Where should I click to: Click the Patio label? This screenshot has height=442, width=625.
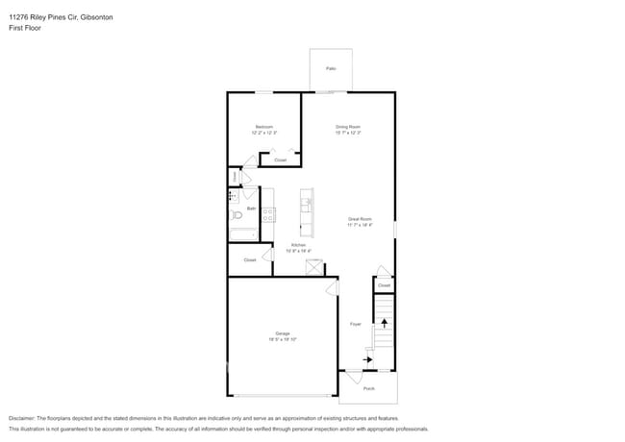coord(331,68)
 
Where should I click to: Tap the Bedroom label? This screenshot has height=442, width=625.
coord(264,127)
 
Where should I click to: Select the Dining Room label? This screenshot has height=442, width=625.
coord(348,127)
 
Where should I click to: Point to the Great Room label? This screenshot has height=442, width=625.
coord(360,219)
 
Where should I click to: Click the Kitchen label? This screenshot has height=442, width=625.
coord(299,246)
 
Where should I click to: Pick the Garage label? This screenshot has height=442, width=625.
coord(283,333)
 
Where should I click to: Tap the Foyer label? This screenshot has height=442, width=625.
coord(355,324)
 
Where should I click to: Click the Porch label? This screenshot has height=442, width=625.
coord(369,388)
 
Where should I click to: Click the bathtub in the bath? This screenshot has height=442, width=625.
coord(242,233)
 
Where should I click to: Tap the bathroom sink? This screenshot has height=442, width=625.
coord(233,196)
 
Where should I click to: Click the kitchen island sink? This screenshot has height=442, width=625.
coord(307,203)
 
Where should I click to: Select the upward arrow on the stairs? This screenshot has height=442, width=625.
coord(385,326)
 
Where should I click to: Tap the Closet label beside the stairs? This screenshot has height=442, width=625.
coord(384,285)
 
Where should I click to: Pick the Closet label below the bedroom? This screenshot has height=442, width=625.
coord(280,160)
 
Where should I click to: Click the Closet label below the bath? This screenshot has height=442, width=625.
coord(250,259)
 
